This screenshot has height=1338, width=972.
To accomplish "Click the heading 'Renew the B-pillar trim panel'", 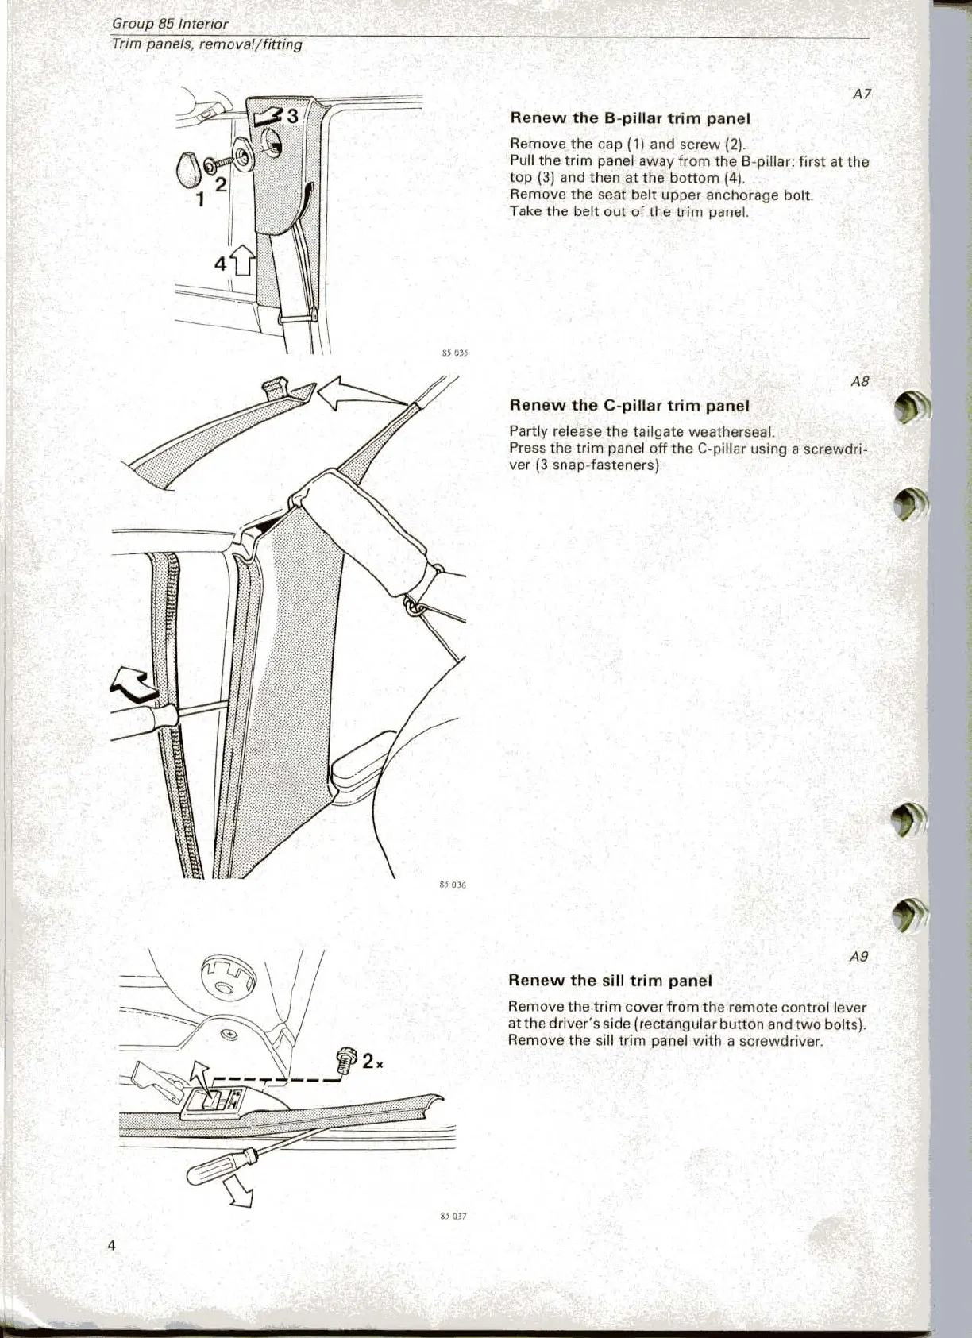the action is click(629, 118).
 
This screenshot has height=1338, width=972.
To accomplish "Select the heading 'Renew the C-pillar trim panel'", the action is click(628, 405).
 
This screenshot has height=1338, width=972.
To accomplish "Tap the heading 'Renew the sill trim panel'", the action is click(609, 980).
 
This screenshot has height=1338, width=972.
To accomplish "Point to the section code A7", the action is click(862, 94).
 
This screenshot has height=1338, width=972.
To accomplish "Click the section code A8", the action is click(860, 381).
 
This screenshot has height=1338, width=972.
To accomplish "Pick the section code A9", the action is click(858, 957).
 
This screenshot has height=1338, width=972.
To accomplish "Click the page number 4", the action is click(112, 1245).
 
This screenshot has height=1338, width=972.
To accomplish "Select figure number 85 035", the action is click(453, 354).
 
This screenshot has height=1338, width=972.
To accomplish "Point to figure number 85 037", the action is click(453, 1215).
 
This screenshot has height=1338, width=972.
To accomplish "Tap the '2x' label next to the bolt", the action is click(373, 1062).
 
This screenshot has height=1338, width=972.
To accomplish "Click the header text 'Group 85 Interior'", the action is click(170, 24).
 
